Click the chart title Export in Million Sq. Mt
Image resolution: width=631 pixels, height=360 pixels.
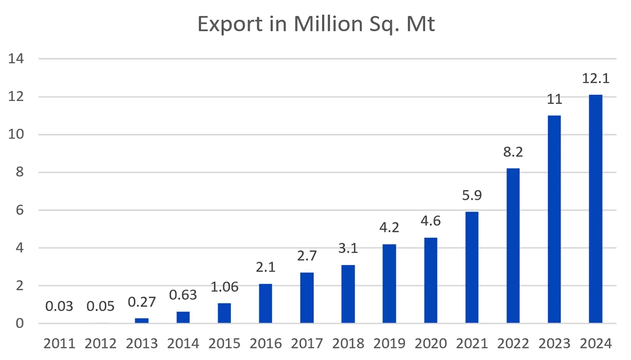coord(316,24)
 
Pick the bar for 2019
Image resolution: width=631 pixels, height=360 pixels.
coord(389,283)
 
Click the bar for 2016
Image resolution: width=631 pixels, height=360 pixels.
coord(266,303)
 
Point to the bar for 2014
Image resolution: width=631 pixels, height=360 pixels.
coord(183,317)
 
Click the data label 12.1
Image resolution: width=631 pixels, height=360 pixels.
coord(595,80)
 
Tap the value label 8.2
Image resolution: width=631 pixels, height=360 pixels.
coord(513,153)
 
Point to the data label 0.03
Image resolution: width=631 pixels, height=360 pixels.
coord(59,306)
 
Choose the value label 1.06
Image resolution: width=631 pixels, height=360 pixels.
coord(225,287)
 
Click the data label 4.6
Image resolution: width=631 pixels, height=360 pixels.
coord(431,221)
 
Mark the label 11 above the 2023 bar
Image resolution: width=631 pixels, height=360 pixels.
coord(554,100)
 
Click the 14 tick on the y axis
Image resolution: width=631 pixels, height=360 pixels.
coord(17,59)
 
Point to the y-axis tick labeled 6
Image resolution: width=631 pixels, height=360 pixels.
coord(19,210)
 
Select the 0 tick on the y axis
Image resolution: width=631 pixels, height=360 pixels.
coord(19,323)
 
